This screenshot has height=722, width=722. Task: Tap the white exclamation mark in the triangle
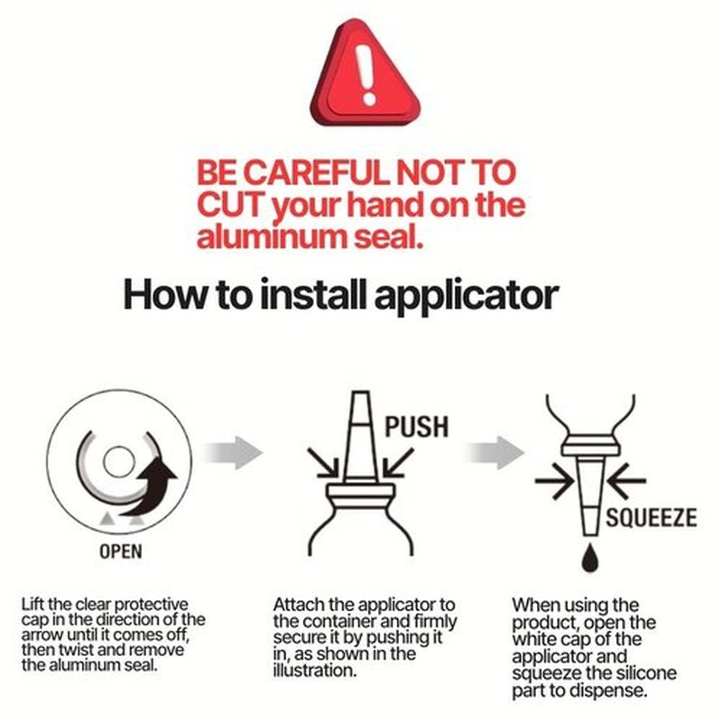(x=367, y=75)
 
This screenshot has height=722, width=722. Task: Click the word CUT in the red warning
(x=231, y=206)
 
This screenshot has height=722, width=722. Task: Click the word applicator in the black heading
(x=467, y=296)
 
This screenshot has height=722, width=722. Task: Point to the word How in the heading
(x=164, y=295)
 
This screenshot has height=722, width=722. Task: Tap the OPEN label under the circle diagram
(x=121, y=551)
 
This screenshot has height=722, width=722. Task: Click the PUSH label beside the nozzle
(x=417, y=427)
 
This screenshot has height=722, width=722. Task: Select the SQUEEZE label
(x=651, y=518)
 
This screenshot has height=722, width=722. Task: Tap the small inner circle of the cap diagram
(x=119, y=461)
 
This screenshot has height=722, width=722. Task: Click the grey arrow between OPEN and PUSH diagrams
(x=233, y=453)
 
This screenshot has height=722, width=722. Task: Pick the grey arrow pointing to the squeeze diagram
(x=494, y=453)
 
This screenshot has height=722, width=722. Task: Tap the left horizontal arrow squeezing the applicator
(x=554, y=481)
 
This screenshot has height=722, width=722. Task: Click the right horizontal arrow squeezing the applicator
(x=626, y=481)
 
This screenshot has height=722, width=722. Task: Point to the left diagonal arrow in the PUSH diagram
(x=323, y=462)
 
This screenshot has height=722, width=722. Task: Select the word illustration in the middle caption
(x=315, y=671)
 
